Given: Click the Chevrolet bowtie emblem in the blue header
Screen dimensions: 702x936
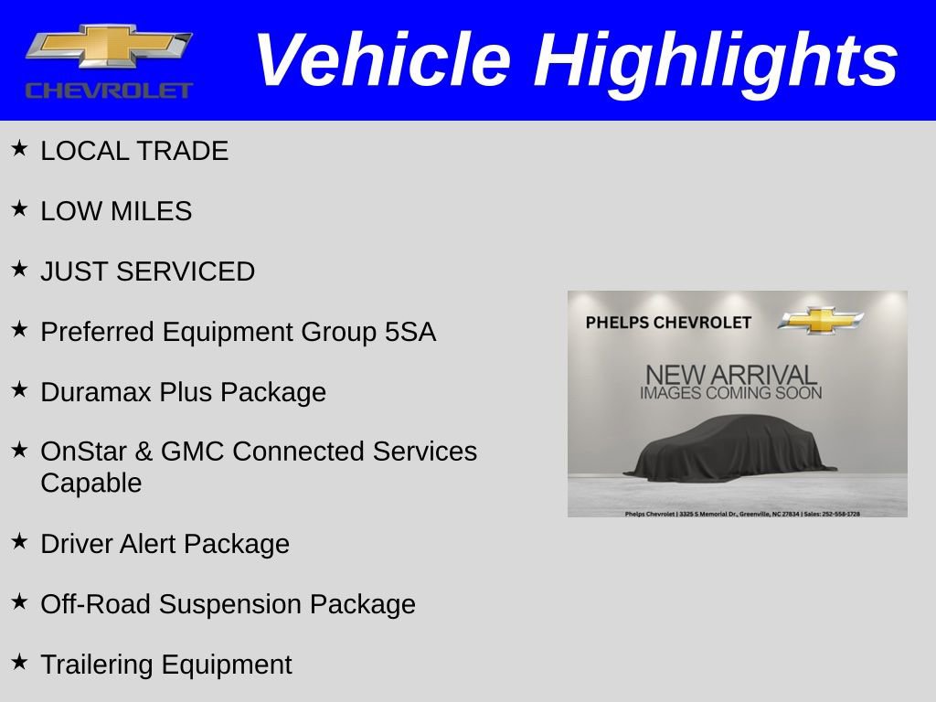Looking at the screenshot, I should [109, 48].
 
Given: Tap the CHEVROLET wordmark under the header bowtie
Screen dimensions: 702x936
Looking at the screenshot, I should [109, 90].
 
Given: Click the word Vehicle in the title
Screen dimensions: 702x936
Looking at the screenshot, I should [382, 60].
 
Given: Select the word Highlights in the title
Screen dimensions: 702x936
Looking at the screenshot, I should [716, 60].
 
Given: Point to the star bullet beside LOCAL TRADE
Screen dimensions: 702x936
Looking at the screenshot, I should [20, 148].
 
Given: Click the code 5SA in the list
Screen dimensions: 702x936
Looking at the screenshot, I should [410, 333].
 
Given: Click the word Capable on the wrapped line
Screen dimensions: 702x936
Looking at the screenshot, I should [91, 483].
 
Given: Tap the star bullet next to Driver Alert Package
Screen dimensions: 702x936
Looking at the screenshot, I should [20, 541].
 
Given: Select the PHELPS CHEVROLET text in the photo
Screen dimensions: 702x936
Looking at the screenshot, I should [668, 323].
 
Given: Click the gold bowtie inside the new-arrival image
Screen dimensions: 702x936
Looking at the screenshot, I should [821, 321].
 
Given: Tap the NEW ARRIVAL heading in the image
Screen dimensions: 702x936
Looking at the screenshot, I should [730, 375].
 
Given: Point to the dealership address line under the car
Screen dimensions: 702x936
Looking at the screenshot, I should [741, 514].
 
